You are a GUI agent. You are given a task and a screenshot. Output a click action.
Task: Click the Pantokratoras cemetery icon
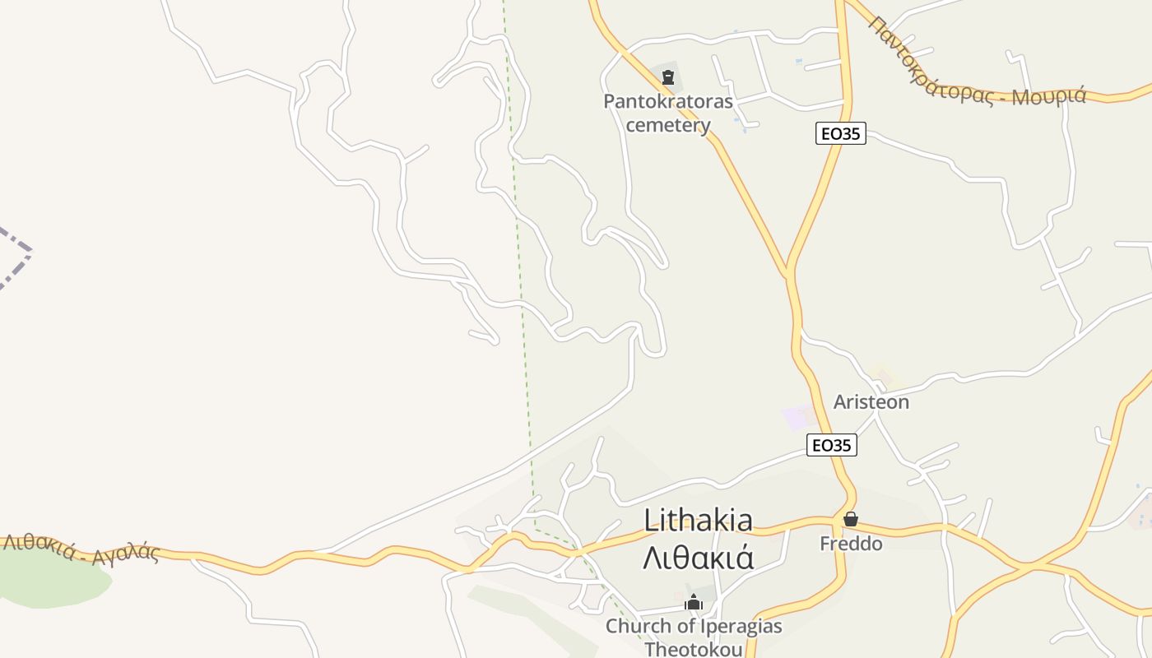[668, 78]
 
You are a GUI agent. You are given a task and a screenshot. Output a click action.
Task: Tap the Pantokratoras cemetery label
[668, 113]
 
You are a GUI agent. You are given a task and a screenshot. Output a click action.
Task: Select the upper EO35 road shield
[841, 133]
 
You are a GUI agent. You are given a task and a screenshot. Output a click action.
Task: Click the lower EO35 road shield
[831, 445]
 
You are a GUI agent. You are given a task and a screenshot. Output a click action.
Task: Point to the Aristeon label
[871, 402]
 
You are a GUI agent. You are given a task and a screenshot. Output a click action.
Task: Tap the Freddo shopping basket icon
[851, 520]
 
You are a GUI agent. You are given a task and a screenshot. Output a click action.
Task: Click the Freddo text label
[851, 544]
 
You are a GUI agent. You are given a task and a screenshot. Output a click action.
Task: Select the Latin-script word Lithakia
[698, 521]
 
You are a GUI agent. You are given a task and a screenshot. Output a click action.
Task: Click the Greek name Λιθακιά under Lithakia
[698, 558]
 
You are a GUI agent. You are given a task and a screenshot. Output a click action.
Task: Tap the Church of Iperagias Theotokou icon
[694, 603]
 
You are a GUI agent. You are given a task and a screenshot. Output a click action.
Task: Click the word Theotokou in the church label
[694, 649]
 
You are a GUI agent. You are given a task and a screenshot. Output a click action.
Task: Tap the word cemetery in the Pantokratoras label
[668, 125]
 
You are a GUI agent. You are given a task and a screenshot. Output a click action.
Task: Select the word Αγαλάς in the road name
[126, 554]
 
